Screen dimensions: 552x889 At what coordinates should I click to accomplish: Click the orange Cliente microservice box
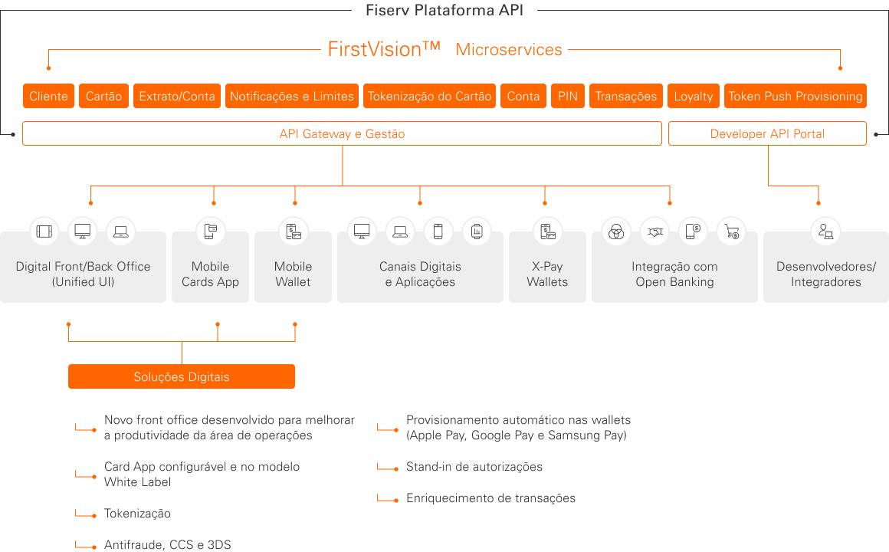[48, 96]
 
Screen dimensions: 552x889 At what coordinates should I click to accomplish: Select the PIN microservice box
[568, 96]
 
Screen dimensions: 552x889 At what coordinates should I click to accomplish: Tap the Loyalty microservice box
[693, 96]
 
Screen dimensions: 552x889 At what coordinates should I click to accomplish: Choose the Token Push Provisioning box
[795, 96]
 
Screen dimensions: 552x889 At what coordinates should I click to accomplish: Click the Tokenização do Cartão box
[429, 96]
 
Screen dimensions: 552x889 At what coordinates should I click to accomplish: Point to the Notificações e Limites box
[291, 96]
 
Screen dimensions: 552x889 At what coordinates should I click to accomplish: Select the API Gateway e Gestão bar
[342, 133]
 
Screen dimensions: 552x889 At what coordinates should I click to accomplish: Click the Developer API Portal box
[767, 133]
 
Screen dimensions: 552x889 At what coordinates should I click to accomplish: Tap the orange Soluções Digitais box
[182, 376]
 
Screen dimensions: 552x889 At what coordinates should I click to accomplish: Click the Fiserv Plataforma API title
[444, 11]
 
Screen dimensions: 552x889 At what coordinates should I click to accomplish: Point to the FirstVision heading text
[384, 49]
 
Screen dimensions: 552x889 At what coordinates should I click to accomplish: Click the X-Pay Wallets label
[547, 274]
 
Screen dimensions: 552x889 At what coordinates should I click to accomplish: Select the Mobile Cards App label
[210, 274]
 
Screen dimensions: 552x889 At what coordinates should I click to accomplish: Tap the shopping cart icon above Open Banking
[731, 231]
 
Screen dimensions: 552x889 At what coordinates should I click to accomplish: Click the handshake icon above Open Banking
[654, 231]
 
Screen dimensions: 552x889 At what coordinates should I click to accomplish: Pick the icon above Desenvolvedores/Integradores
[825, 231]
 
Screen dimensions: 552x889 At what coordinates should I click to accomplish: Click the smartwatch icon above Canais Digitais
[477, 231]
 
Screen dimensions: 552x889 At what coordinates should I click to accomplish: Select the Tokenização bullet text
[137, 514]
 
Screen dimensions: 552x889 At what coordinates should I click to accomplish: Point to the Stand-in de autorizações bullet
[474, 467]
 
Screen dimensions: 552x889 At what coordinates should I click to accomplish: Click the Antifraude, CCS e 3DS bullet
[167, 545]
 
